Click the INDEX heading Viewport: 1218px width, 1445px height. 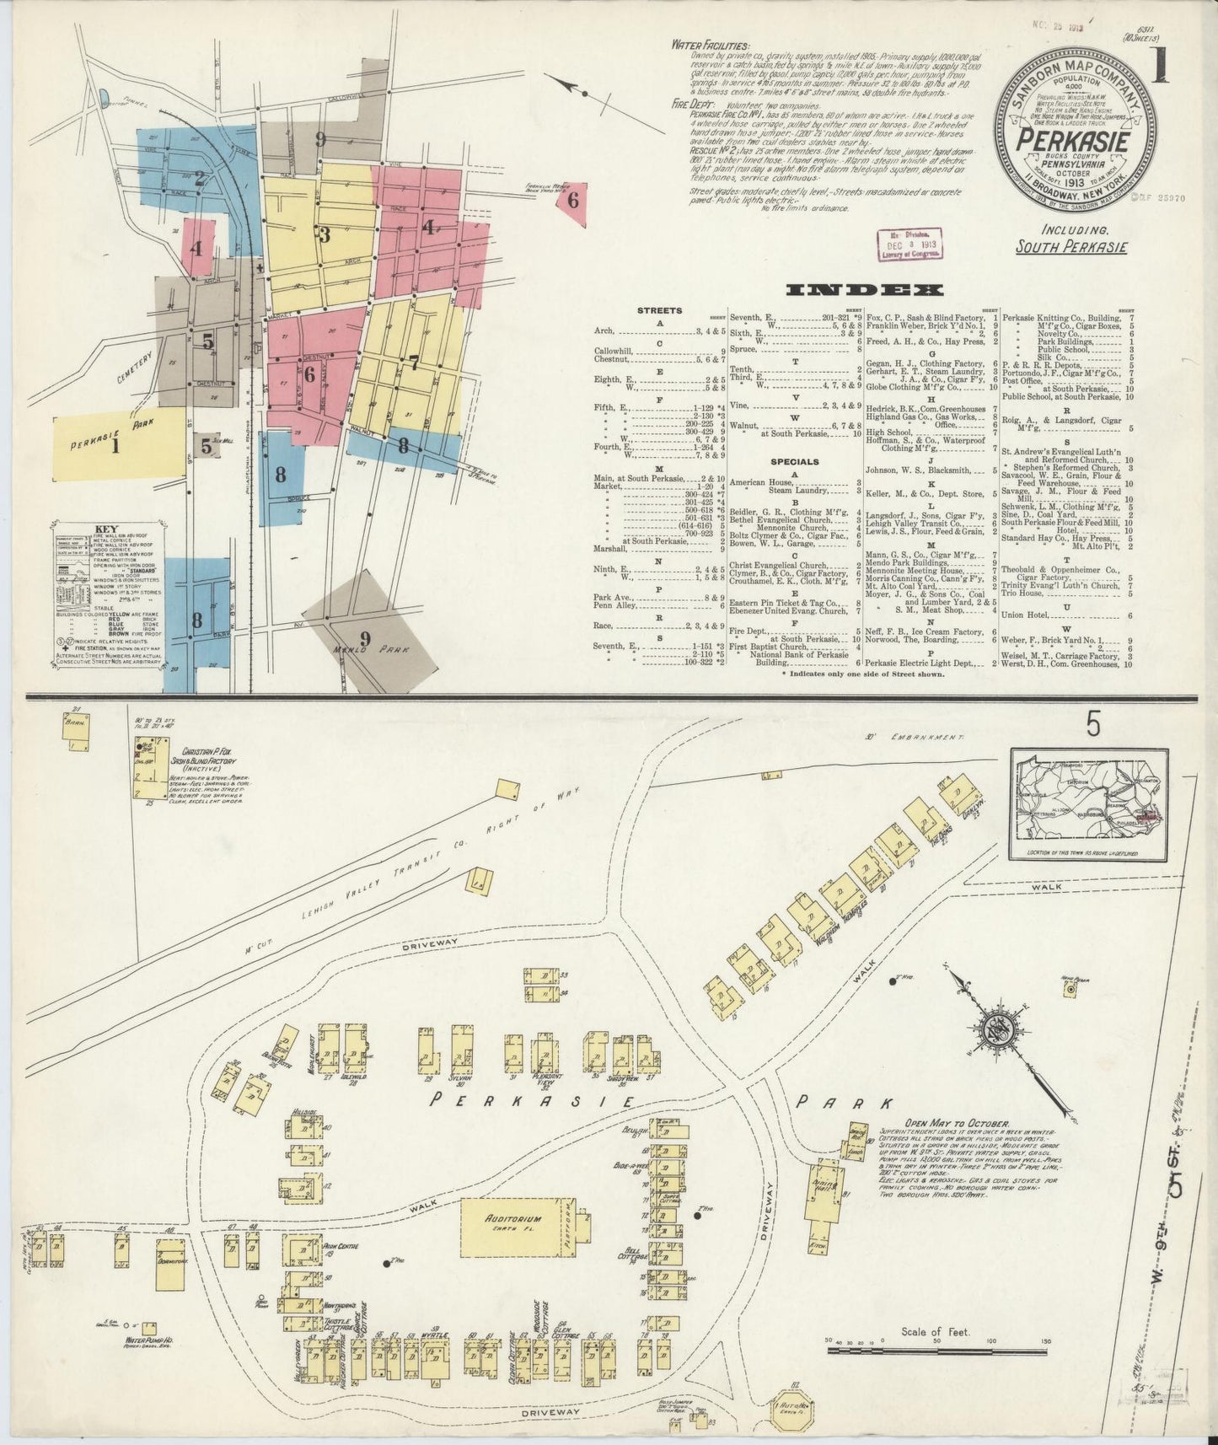(x=864, y=291)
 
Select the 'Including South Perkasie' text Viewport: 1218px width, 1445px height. (x=1070, y=239)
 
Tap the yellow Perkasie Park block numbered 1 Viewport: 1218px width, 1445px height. (x=118, y=445)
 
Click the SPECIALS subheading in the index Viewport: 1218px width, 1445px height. (x=793, y=462)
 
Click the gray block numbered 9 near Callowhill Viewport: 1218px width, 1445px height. (x=319, y=140)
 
